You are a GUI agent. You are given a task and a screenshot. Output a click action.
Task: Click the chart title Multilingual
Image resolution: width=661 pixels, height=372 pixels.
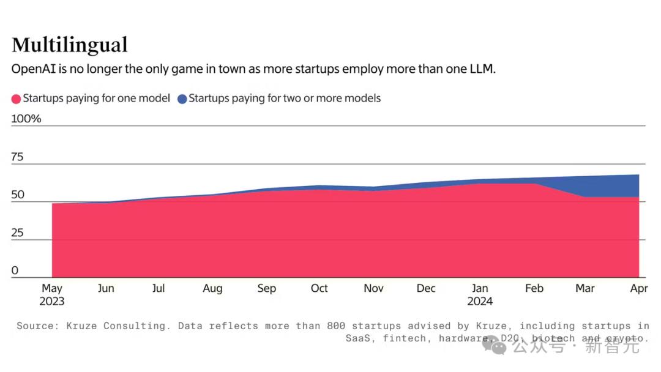point(70,45)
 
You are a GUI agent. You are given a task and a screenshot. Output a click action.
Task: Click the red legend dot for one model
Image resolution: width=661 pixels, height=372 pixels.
point(17,99)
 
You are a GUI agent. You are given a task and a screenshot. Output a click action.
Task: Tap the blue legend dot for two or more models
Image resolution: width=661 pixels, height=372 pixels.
point(182,99)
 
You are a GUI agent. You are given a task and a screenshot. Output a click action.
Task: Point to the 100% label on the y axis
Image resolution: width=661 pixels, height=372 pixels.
point(26,119)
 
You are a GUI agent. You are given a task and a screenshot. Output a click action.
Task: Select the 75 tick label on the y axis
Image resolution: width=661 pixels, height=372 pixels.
point(17,157)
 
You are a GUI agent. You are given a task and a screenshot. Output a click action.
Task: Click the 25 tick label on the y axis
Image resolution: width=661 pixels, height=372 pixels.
point(17,233)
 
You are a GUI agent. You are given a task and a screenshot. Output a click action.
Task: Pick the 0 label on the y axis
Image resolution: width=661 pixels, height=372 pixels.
point(15,270)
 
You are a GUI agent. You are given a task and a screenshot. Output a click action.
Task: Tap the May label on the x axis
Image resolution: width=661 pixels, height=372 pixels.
point(52,288)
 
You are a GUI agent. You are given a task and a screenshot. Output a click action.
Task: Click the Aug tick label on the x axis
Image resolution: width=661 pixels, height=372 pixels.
point(212,288)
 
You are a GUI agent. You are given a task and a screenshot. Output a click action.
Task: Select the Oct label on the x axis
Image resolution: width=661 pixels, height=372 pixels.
point(319,288)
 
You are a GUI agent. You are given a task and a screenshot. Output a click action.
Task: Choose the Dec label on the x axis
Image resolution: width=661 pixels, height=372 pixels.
point(426,288)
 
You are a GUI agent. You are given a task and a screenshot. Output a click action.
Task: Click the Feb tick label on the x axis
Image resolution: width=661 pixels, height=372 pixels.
point(534,288)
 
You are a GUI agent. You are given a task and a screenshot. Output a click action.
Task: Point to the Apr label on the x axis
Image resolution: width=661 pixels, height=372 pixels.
point(639,288)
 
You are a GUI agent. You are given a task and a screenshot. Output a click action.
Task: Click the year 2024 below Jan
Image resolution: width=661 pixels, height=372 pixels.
point(480,301)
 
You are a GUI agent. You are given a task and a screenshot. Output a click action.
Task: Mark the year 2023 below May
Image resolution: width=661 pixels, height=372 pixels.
point(52,301)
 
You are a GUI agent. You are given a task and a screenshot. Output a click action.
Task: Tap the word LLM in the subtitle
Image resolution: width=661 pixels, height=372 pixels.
point(482,69)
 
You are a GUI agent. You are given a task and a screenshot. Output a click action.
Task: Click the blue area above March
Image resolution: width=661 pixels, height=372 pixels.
point(585,187)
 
